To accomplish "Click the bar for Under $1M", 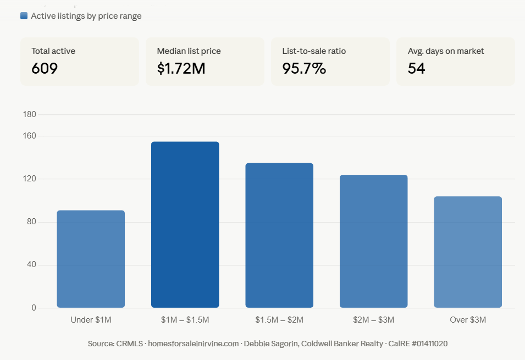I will (91, 259).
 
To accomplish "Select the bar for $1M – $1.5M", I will (185, 225).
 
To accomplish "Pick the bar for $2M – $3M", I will (374, 241).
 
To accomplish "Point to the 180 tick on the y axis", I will (30, 114).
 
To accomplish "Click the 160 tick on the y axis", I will (30, 136).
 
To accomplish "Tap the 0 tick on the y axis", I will (34, 308).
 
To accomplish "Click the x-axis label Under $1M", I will (91, 320).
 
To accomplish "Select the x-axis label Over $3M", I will (468, 320).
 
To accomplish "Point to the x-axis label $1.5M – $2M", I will (279, 320).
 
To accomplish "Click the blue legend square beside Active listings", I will (24, 16).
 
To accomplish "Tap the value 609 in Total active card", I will (45, 69).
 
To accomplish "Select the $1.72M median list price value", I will (181, 69).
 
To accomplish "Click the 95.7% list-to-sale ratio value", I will (304, 69).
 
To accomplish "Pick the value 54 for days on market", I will (417, 69).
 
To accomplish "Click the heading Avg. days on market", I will (446, 51).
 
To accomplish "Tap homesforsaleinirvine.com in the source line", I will (194, 344).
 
